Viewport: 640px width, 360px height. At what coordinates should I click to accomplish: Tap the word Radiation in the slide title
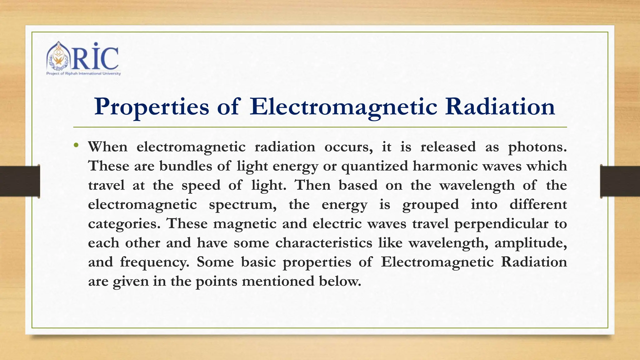(x=500, y=107)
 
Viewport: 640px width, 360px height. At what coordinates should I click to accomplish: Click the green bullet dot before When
(x=76, y=145)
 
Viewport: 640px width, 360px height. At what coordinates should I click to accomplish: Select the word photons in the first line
(x=537, y=147)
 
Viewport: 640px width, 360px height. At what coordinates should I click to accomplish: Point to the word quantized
(x=374, y=166)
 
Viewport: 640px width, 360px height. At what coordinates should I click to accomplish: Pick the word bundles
(x=186, y=166)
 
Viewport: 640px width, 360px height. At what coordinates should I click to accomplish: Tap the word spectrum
(x=242, y=205)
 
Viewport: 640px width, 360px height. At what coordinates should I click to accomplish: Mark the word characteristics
(x=324, y=243)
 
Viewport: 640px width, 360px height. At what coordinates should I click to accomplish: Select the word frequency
(x=154, y=262)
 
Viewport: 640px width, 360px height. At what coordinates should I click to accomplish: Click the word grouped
(x=430, y=205)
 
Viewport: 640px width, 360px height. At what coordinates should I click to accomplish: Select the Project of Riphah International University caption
(x=83, y=74)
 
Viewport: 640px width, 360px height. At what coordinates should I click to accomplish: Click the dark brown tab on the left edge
(x=20, y=181)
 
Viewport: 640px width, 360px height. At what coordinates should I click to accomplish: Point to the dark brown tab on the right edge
(x=620, y=181)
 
